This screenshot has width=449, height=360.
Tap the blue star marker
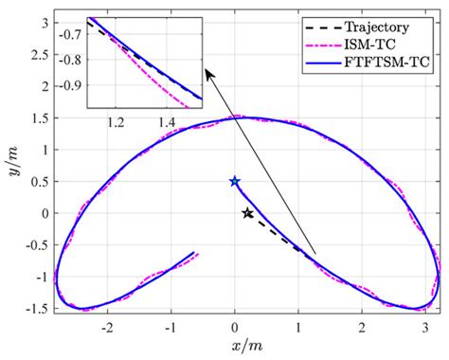click(235, 181)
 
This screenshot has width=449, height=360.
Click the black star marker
click(247, 213)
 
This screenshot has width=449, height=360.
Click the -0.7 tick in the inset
click(72, 33)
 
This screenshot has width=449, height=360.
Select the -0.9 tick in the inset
click(72, 84)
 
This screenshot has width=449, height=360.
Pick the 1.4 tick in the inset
click(167, 122)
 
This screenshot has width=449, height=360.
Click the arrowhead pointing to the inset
click(208, 67)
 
